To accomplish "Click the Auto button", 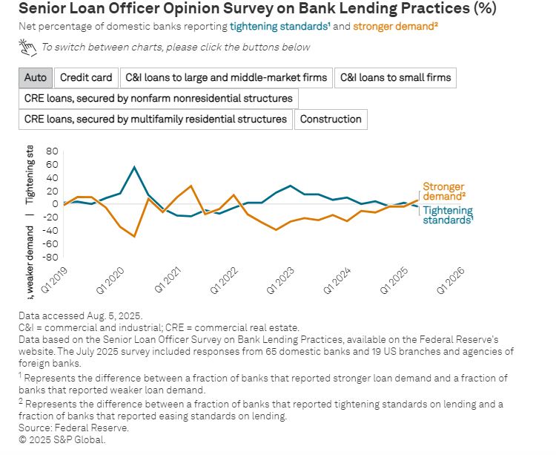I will pos(35,78).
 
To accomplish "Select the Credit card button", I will pos(86,78).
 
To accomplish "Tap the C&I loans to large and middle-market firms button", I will pos(226,78).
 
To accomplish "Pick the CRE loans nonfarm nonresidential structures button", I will pos(159,99).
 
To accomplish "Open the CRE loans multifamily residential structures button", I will pos(156,120).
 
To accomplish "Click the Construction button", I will pos(331,120).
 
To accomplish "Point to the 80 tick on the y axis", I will pos(52,151).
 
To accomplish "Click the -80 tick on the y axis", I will pos(50,258).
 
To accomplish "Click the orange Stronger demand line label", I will pos(443,192).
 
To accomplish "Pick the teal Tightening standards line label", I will pos(448,215).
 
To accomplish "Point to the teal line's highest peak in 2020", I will pos(134,166).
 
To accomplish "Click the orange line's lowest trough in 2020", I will pos(134,237).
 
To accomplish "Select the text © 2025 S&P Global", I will pos(63,439).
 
